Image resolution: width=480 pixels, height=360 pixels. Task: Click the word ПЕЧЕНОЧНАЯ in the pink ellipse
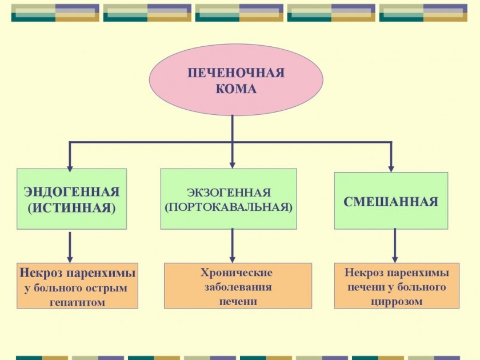pyautogui.click(x=236, y=73)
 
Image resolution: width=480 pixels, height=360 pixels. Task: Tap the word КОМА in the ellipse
pyautogui.click(x=236, y=89)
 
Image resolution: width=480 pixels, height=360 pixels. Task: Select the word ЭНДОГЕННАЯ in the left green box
pyautogui.click(x=71, y=191)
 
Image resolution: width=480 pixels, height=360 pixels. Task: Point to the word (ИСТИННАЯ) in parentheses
pyautogui.click(x=71, y=207)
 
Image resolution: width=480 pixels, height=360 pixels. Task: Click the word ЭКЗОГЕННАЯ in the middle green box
pyautogui.click(x=229, y=193)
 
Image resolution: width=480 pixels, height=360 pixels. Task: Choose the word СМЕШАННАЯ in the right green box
pyautogui.click(x=391, y=202)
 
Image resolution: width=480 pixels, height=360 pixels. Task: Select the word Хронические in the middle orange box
pyautogui.click(x=237, y=273)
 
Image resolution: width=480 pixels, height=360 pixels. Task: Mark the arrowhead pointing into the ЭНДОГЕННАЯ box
pyautogui.click(x=70, y=167)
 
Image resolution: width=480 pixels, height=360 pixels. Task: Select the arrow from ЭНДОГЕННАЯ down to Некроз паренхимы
pyautogui.click(x=70, y=246)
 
